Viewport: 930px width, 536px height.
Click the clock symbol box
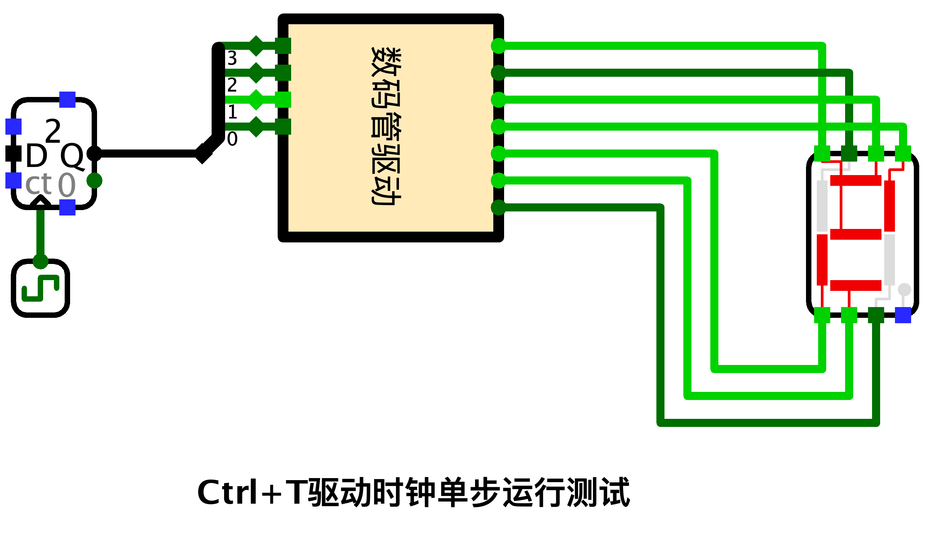point(40,288)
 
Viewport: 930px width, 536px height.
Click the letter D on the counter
point(36,156)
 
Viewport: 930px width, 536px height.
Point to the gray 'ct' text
point(38,184)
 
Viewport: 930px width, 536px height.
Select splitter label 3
point(232,58)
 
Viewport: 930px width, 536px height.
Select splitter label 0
point(232,139)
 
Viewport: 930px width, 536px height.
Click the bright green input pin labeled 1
point(283,100)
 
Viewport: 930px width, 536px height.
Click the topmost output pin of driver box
point(498,46)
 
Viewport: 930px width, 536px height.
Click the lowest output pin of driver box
point(498,208)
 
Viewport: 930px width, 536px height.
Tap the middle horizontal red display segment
point(856,234)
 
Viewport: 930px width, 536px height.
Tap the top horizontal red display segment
point(856,180)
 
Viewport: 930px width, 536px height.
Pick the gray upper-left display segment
point(822,206)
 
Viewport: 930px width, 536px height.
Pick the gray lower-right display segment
point(890,260)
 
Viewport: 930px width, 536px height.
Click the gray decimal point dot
point(904,290)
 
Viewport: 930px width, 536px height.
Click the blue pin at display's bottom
point(903,315)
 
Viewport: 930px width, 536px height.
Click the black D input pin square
point(13,154)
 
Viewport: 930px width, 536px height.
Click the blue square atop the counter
point(67,100)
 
